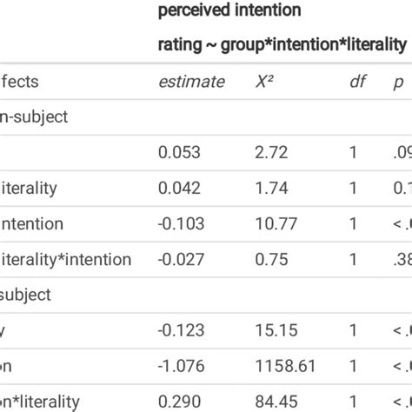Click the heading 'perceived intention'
point(229,11)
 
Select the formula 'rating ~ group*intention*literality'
point(282,44)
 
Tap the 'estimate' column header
point(191,83)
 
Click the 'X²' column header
point(266,83)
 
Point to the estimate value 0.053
point(179,153)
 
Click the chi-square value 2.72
point(269,153)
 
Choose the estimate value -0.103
point(181,224)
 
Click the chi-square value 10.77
point(273,224)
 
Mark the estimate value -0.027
point(181,259)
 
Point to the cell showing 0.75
point(269,259)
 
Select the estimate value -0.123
point(181,330)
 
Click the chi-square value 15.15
point(273,330)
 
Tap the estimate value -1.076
point(181,366)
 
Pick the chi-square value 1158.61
point(282,366)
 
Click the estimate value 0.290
point(179,401)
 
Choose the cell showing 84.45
point(273,401)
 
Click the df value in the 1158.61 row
point(353,366)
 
